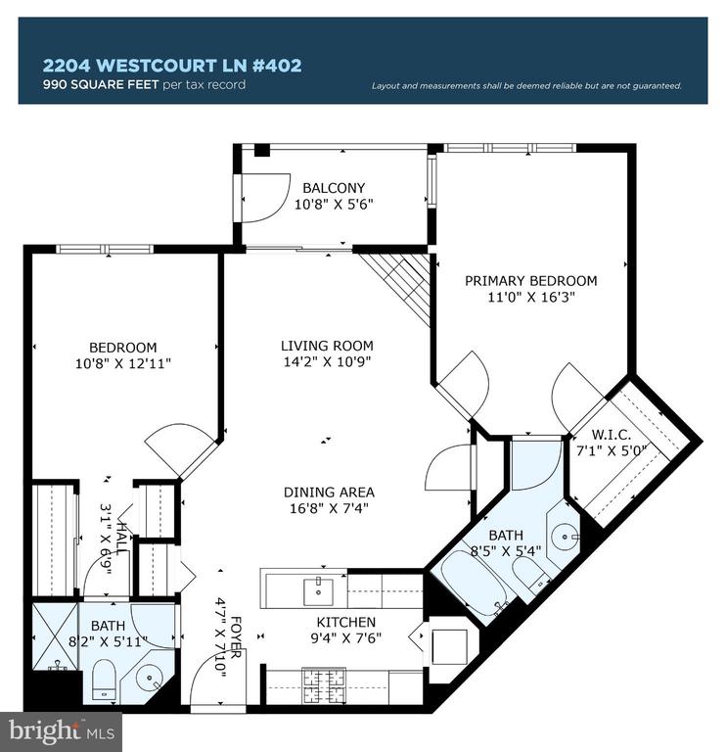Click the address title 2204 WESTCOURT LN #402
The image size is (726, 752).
[172, 66]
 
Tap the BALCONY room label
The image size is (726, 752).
[334, 188]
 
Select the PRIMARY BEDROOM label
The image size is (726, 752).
[531, 281]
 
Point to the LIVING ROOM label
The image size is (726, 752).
[327, 346]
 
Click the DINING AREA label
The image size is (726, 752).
[329, 493]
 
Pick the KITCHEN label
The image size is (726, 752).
[346, 622]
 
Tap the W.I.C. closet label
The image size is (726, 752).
[611, 435]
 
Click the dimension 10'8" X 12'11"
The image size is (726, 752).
[123, 363]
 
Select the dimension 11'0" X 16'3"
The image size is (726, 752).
[531, 297]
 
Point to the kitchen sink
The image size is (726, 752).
[318, 591]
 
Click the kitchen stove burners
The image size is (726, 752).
[324, 685]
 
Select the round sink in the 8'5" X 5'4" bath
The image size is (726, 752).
[566, 535]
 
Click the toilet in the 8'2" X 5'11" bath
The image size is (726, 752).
[104, 680]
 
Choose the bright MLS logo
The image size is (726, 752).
[61, 732]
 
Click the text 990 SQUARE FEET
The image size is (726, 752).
[101, 85]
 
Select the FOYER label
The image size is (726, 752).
[236, 636]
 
